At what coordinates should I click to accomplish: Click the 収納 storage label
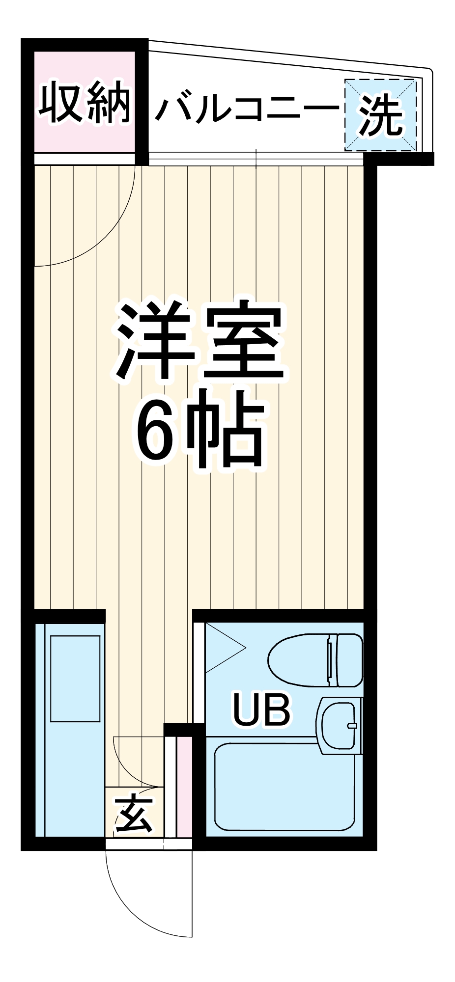tap(85, 105)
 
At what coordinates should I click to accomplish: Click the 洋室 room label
tap(199, 343)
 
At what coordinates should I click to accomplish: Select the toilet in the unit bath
tap(314, 660)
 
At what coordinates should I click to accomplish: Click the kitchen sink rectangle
tap(75, 679)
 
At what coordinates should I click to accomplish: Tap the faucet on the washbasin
tap(352, 725)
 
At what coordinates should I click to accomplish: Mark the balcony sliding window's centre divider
tap(256, 159)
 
